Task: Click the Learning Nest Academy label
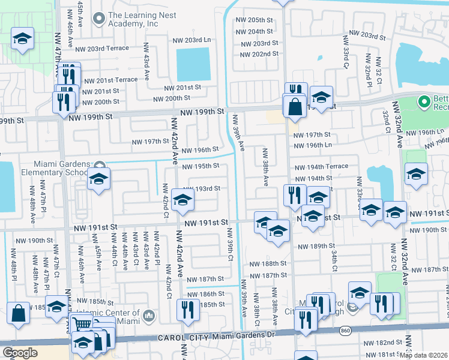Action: click(x=133, y=20)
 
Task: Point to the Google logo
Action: click(x=20, y=353)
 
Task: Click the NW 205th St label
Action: click(x=256, y=20)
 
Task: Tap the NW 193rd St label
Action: click(x=205, y=188)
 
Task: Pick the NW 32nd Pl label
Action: click(x=367, y=73)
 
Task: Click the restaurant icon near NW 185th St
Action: click(x=188, y=310)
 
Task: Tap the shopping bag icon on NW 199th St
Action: click(x=295, y=106)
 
